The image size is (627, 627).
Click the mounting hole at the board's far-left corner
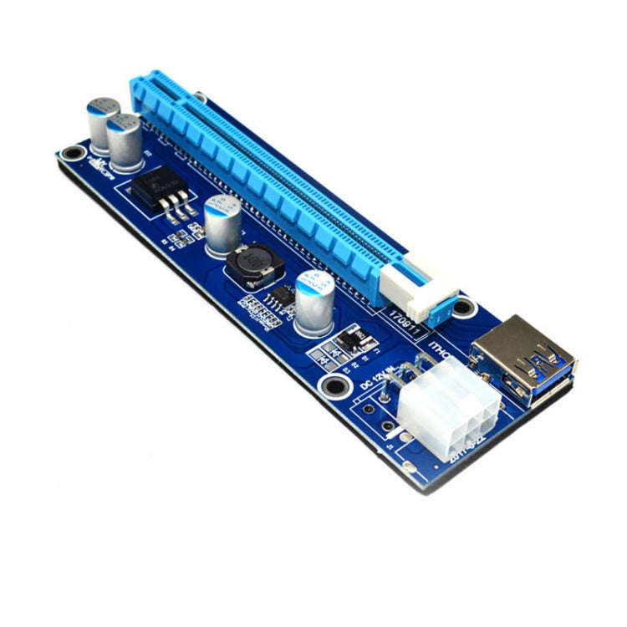tap(73, 153)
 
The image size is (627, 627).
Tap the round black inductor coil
tap(253, 265)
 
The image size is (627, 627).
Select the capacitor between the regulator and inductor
tap(222, 224)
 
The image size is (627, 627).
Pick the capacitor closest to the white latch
tap(314, 303)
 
